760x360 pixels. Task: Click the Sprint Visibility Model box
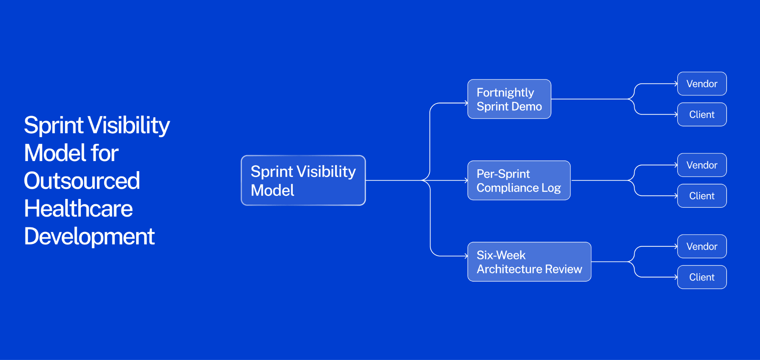pyautogui.click(x=303, y=180)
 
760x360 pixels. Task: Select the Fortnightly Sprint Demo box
pyautogui.click(x=509, y=99)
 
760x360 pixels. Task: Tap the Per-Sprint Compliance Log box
pyautogui.click(x=519, y=180)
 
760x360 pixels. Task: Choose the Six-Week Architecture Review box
pyautogui.click(x=529, y=262)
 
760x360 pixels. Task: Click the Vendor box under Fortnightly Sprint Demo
pyautogui.click(x=702, y=84)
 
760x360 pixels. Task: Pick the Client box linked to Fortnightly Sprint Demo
pyautogui.click(x=702, y=115)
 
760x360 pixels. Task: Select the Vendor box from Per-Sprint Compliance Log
pyautogui.click(x=702, y=165)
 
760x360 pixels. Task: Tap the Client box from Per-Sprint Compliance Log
pyautogui.click(x=702, y=196)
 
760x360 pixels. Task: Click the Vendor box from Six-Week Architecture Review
pyautogui.click(x=702, y=246)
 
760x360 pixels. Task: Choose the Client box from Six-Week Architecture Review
pyautogui.click(x=702, y=277)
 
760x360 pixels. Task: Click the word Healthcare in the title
pyautogui.click(x=78, y=209)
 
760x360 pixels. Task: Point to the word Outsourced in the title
pyautogui.click(x=82, y=181)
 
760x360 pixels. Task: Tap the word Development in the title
pyautogui.click(x=89, y=236)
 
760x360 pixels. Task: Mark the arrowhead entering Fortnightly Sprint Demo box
pyautogui.click(x=466, y=103)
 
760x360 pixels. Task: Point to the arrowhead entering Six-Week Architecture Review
pyautogui.click(x=466, y=256)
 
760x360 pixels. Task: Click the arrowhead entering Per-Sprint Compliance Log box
pyautogui.click(x=466, y=180)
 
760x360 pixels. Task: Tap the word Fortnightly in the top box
pyautogui.click(x=505, y=92)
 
